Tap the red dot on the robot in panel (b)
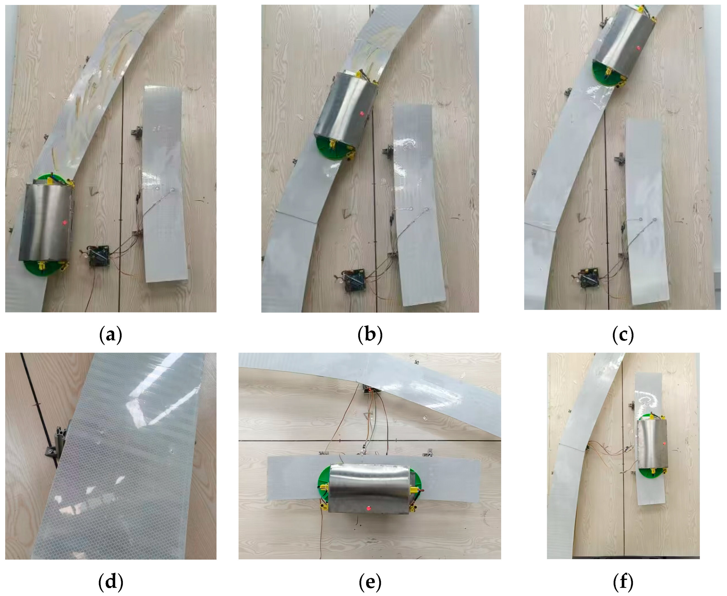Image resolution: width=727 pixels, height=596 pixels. [x=361, y=113]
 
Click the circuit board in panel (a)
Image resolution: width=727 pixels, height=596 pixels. [x=98, y=256]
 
